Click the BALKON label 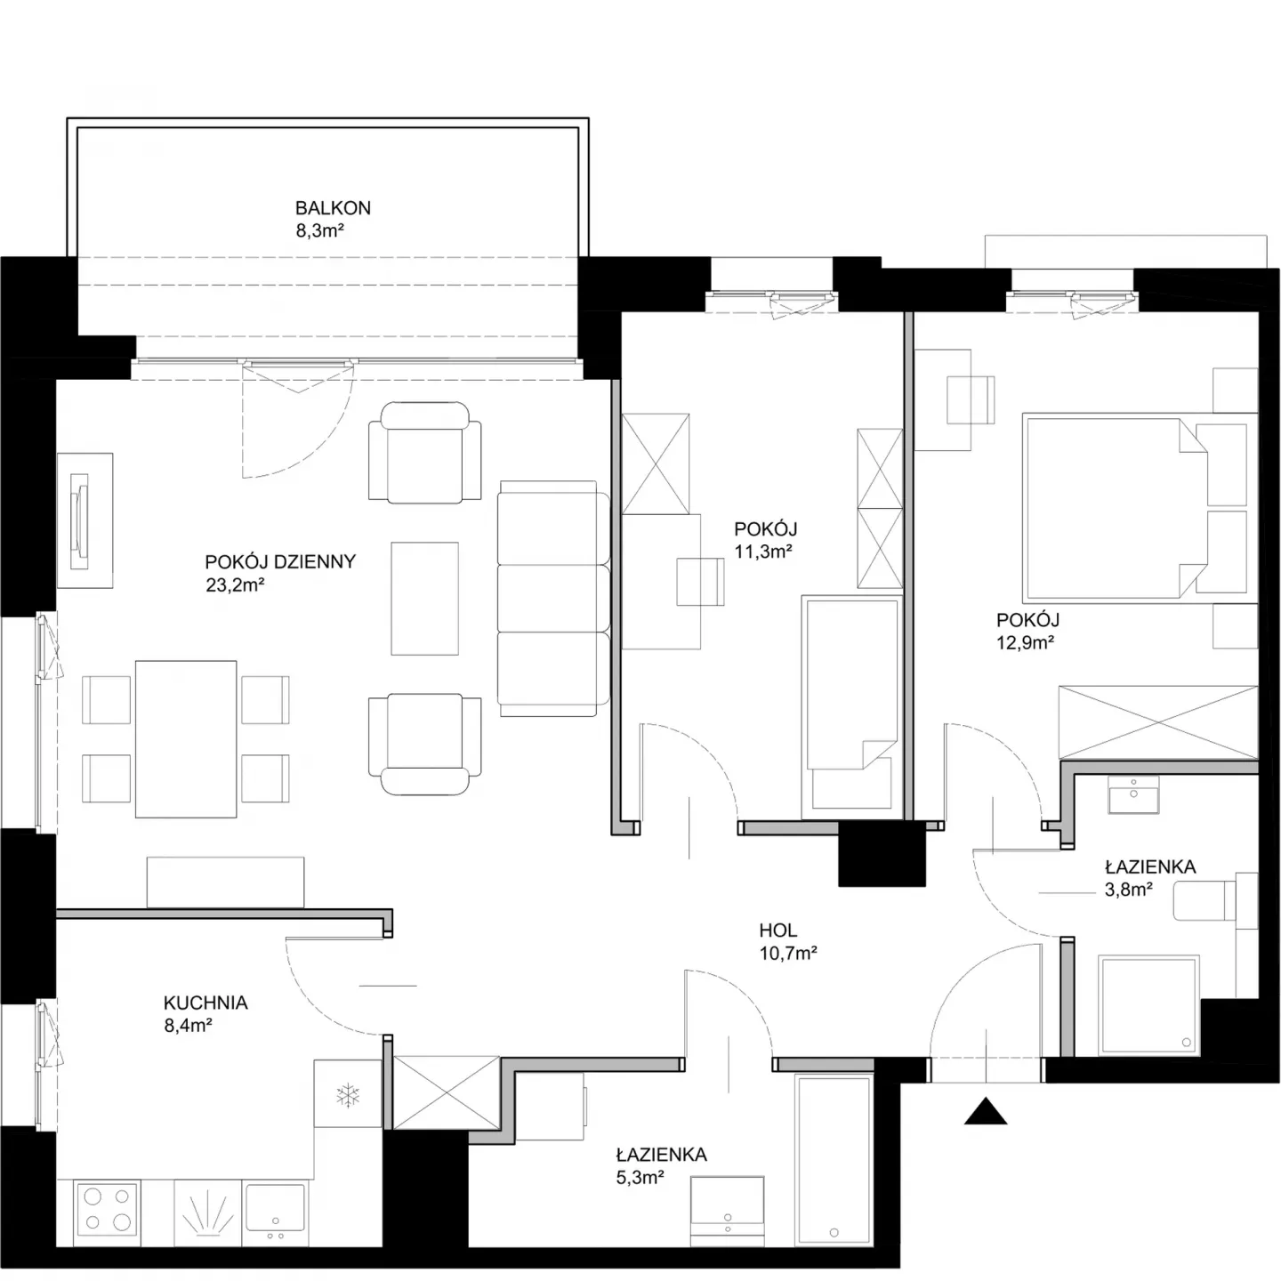(x=333, y=208)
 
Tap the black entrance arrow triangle (x=986, y=1111)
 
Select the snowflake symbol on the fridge (x=347, y=1095)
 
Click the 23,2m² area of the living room (x=236, y=585)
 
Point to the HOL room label (x=777, y=930)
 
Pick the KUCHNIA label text (x=205, y=1003)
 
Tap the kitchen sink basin (x=275, y=1207)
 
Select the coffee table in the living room (x=425, y=599)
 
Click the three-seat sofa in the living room (x=553, y=599)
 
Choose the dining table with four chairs (x=185, y=738)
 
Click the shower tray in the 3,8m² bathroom (x=1148, y=1005)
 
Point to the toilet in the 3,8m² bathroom (x=1214, y=901)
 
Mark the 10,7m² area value (x=788, y=954)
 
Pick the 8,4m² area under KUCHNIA (x=188, y=1026)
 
